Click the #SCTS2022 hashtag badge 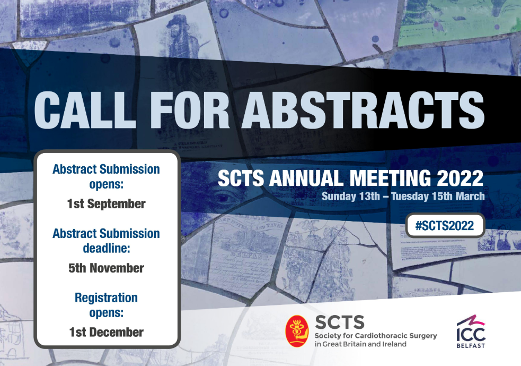[445, 225]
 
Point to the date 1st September [107, 204]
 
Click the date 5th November [107, 268]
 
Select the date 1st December [107, 332]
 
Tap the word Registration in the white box [107, 297]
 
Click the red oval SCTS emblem [297, 331]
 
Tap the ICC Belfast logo [471, 331]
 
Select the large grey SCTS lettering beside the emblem [340, 322]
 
